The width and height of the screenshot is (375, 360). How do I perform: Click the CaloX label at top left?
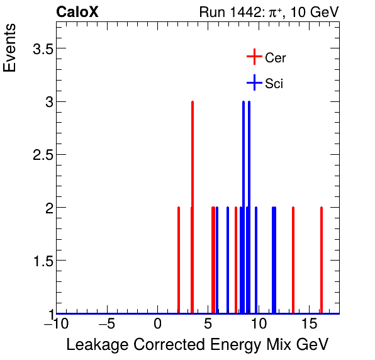(x=77, y=12)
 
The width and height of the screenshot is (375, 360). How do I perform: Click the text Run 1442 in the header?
(x=227, y=12)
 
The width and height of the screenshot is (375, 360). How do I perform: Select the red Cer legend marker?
(x=254, y=57)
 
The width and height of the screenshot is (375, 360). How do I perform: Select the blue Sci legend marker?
(x=254, y=82)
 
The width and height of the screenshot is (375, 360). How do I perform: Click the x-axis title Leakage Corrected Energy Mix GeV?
(x=197, y=345)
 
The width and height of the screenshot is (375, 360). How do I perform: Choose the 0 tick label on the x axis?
(x=158, y=325)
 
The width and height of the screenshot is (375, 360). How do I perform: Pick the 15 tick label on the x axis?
(x=308, y=325)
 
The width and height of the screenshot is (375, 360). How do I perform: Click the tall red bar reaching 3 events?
(x=192, y=208)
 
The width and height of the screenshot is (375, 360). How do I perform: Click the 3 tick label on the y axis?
(x=47, y=102)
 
